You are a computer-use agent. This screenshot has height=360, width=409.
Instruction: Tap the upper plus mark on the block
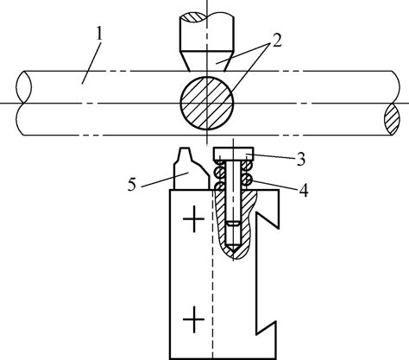tap(194, 222)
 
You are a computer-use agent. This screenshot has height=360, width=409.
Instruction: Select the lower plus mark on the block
tap(195, 320)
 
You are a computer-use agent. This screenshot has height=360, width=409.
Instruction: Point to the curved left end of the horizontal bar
tap(23, 104)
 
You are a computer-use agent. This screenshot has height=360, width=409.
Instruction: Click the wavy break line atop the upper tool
tap(208, 15)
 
